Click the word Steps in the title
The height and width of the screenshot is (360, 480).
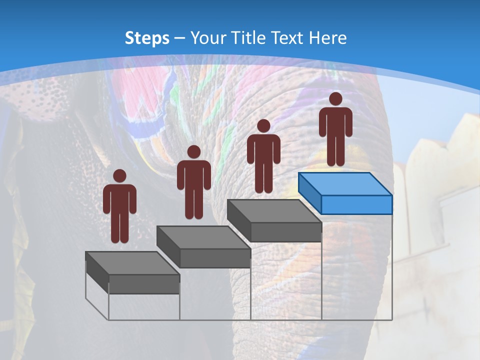147,38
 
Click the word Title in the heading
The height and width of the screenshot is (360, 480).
249,38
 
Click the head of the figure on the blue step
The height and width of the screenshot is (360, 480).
335,99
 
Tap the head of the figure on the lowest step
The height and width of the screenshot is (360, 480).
119,176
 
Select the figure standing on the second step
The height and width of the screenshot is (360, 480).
193,182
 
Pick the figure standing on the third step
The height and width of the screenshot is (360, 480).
263,156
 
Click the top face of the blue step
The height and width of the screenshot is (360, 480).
345,184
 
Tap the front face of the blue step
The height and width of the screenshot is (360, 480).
356,204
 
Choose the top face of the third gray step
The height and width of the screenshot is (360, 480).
274,211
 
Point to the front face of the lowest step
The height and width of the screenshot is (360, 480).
144,284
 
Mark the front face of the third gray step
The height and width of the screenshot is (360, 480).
286,232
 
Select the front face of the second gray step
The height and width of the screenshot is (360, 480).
215,258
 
